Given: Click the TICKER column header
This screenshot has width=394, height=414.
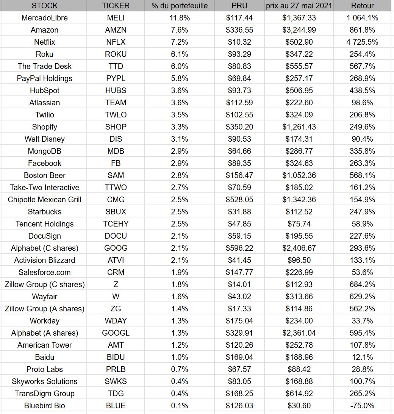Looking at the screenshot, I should coord(116,6).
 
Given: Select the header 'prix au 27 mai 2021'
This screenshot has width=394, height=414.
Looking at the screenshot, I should coord(299,6).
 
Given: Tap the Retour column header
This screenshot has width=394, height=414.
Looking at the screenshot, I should coord(362,6).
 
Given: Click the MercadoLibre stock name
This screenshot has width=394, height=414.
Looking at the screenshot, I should coord(44,18).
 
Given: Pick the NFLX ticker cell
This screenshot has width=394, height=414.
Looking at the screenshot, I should coord(116,42).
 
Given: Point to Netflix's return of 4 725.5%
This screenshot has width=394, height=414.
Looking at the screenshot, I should coord(362,42).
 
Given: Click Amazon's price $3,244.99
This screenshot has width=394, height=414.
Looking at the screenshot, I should coord(299,30).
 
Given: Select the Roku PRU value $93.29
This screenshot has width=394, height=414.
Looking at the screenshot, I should coord(239,54).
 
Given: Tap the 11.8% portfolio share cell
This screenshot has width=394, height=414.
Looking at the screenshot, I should coord(179,18).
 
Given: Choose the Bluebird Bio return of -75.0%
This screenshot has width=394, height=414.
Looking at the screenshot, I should coord(362,406).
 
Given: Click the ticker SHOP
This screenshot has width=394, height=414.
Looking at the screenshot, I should coord(116,127).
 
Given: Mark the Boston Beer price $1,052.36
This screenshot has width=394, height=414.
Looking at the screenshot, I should coord(299,175).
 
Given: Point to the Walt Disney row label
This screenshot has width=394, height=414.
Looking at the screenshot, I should coord(44,139).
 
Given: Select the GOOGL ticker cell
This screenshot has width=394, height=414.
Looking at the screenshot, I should coord(116,333).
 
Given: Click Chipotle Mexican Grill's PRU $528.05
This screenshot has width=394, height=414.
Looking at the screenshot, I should coord(239,200).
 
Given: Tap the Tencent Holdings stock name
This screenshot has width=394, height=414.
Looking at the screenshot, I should coord(44,224).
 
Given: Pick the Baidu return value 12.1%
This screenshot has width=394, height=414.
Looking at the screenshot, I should coord(362,357).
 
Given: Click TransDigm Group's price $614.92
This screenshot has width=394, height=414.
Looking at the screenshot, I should coord(299,394).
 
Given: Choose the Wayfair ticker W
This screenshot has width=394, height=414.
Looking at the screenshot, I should coord(116,297).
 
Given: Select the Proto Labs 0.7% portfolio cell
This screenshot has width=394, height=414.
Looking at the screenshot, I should coord(179,369).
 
